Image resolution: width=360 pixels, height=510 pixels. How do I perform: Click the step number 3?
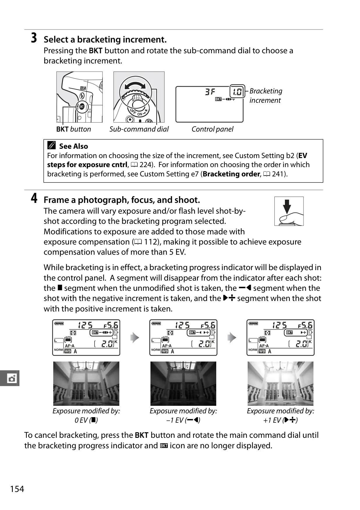tap(34, 38)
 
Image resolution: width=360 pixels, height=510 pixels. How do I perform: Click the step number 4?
tap(34, 198)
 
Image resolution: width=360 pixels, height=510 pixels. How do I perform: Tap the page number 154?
tap(17, 489)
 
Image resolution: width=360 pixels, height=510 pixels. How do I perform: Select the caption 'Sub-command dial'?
tap(139, 129)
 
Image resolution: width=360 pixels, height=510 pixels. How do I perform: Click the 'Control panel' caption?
tap(212, 129)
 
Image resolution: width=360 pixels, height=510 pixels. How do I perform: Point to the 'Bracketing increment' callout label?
tap(266, 95)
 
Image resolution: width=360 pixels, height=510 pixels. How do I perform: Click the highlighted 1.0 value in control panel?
tap(237, 92)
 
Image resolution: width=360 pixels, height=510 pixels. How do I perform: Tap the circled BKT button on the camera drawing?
tap(82, 107)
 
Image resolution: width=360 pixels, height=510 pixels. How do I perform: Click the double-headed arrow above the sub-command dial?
tap(135, 85)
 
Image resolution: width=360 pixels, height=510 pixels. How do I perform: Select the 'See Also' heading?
tap(73, 146)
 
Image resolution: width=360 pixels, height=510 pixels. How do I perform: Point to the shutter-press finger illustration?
tap(289, 211)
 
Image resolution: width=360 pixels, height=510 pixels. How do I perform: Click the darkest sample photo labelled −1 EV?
tap(183, 384)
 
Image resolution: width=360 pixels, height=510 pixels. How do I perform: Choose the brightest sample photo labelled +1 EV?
tap(281, 384)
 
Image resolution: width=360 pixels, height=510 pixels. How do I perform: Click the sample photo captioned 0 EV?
tap(86, 384)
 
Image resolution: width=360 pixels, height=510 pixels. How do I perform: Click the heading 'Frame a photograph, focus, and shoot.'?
tap(122, 200)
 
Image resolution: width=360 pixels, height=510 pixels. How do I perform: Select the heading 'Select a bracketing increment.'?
tap(105, 40)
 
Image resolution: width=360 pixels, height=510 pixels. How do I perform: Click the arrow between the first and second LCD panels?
tap(135, 338)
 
